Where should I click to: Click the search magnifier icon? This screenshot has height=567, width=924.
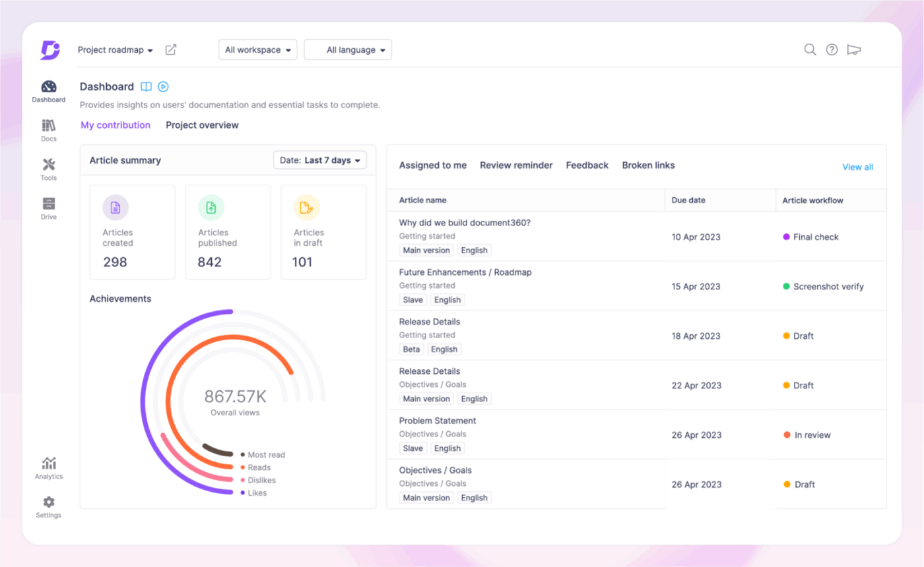click(810, 49)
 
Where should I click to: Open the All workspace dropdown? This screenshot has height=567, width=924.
click(257, 50)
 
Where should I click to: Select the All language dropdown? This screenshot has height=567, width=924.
click(348, 50)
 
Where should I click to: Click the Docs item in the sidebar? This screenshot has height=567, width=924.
click(49, 130)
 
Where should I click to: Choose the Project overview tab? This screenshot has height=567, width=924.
click(202, 125)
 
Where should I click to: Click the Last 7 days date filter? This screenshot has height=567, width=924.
click(320, 160)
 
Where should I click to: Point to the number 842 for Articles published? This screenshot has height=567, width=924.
click(210, 262)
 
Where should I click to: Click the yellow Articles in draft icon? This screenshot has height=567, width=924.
click(306, 208)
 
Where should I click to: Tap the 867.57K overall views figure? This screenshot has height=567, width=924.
click(235, 396)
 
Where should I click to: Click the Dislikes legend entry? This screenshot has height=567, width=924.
click(261, 480)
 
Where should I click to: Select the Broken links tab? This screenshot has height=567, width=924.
click(648, 165)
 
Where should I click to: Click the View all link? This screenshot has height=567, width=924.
click(857, 167)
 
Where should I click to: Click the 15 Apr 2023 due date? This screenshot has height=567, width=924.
click(696, 287)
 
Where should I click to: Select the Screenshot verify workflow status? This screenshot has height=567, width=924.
click(828, 287)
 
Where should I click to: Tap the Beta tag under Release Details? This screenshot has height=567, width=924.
click(411, 349)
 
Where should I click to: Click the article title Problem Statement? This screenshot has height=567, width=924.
click(438, 421)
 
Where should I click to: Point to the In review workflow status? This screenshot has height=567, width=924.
click(812, 435)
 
